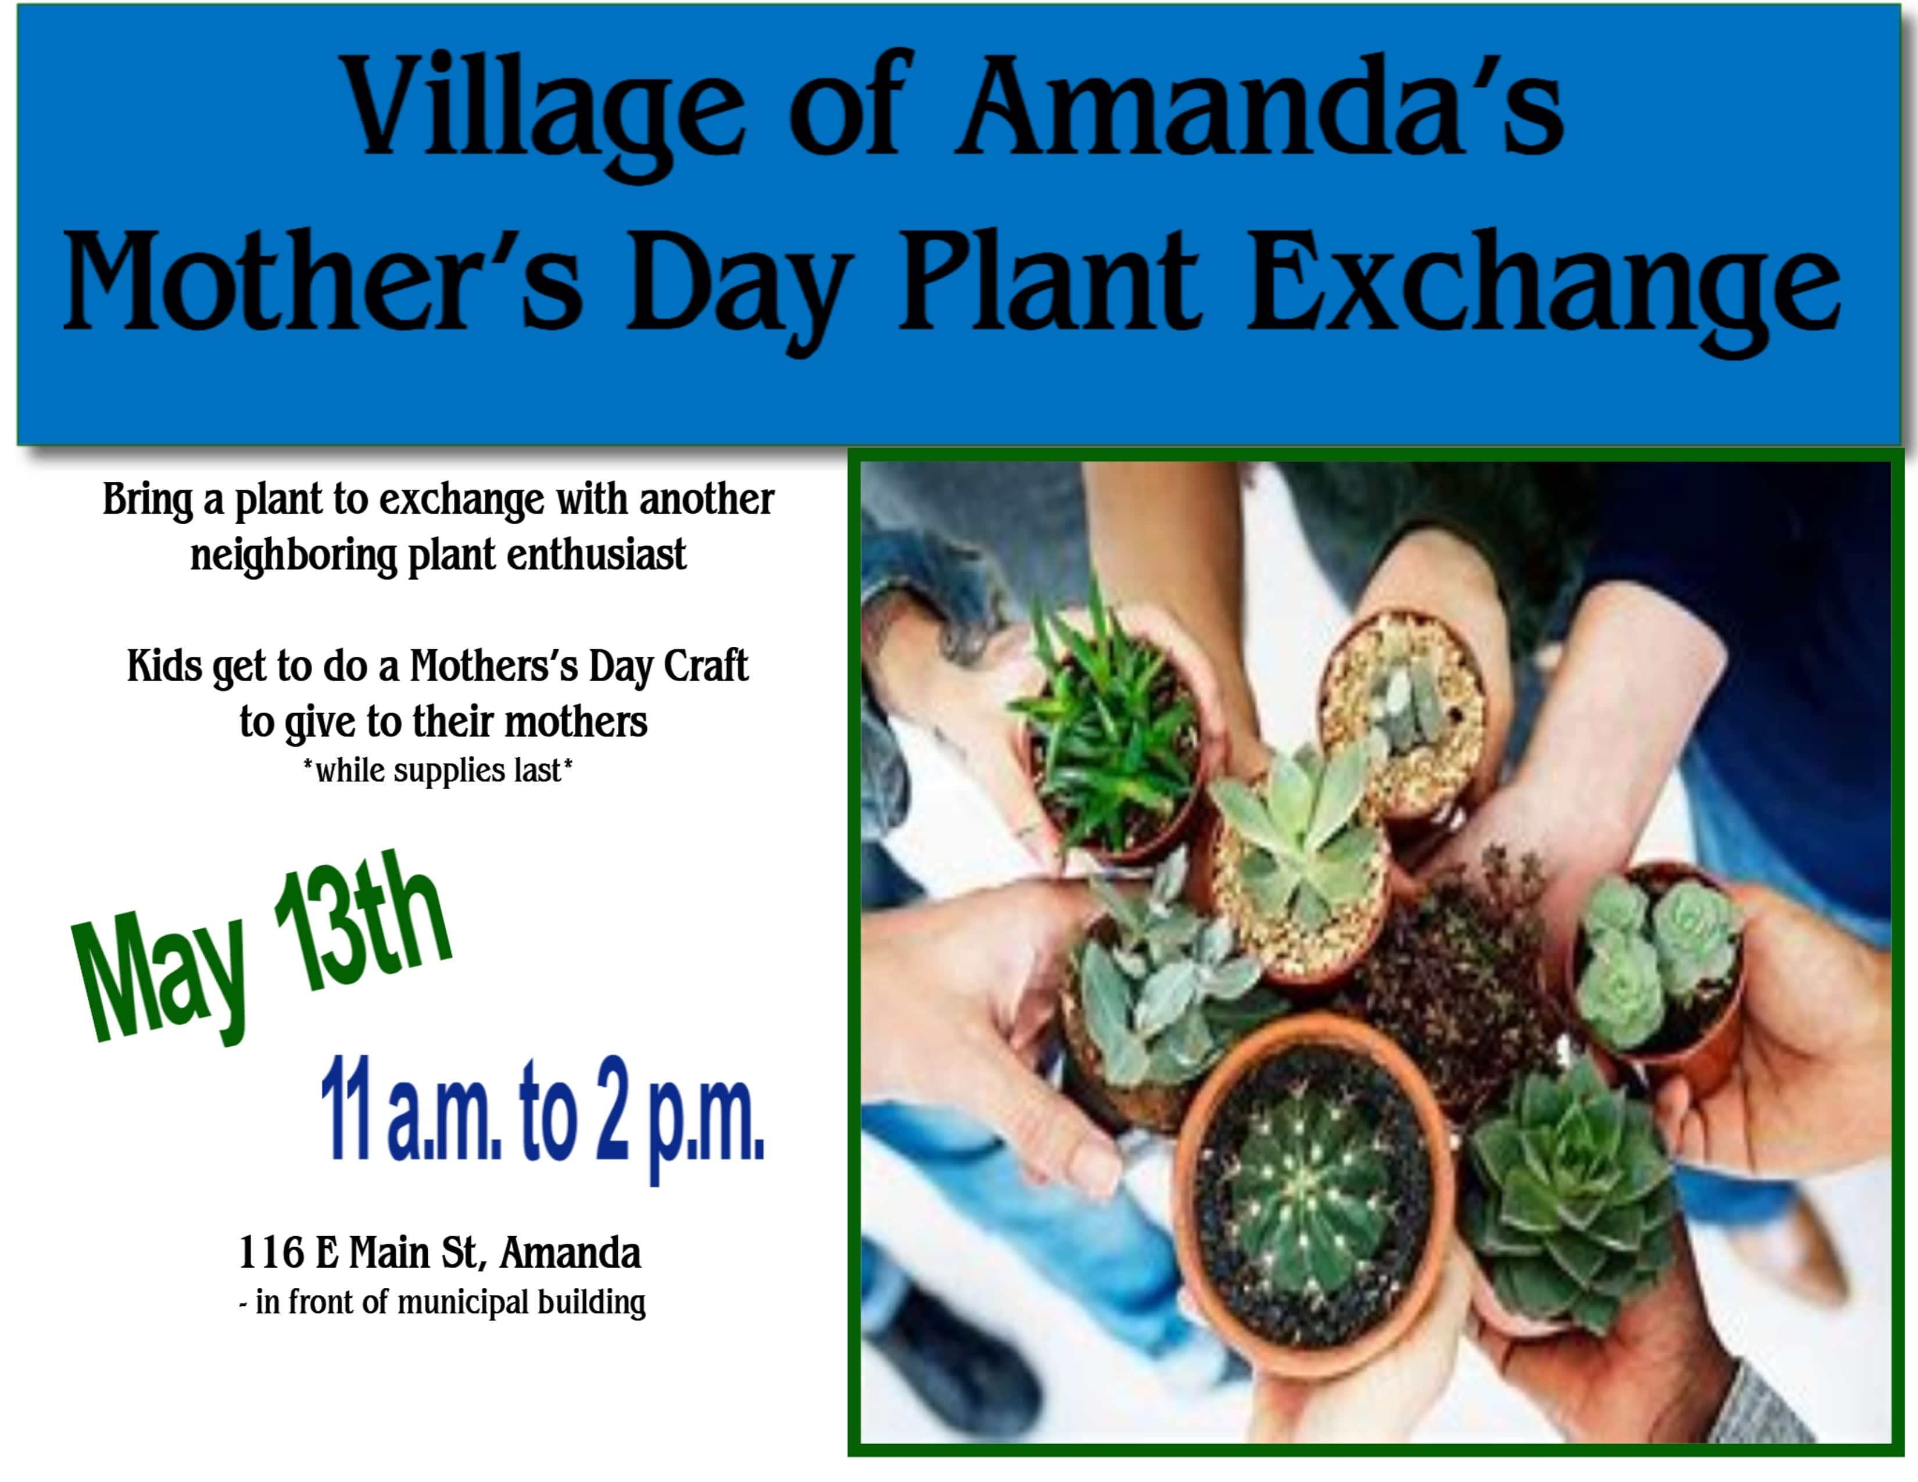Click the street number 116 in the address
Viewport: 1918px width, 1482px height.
click(x=271, y=1253)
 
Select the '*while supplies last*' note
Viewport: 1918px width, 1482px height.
click(x=437, y=771)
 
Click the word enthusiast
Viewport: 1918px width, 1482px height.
click(x=596, y=555)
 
